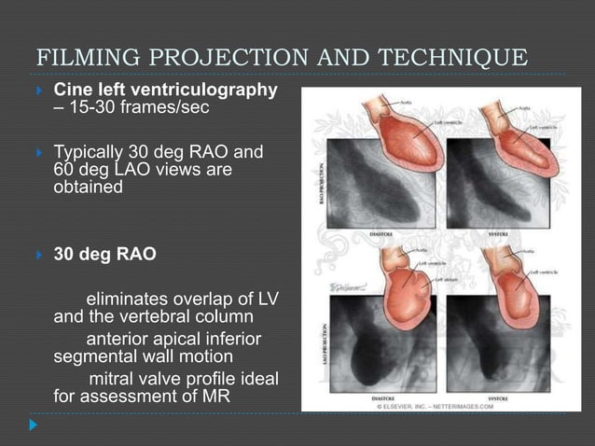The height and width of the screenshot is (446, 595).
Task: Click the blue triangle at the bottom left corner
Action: [34, 425]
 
